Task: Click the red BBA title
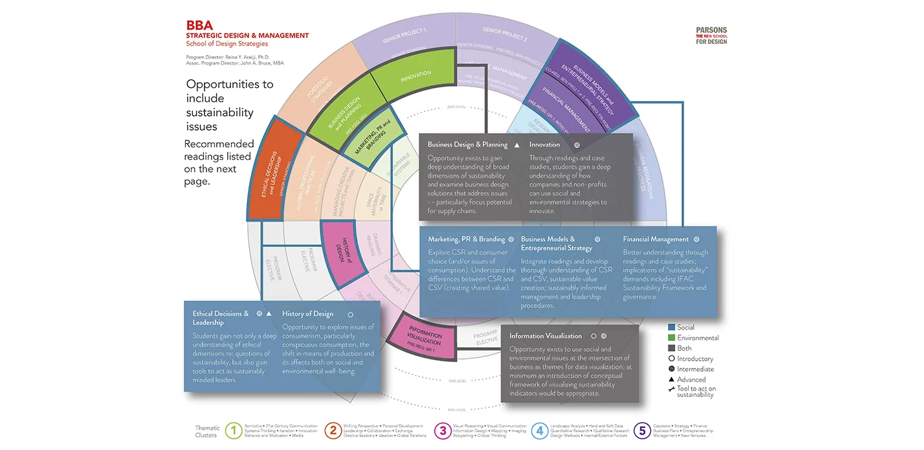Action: pyautogui.click(x=199, y=26)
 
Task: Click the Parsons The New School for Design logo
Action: pyautogui.click(x=711, y=36)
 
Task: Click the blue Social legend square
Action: pyautogui.click(x=672, y=328)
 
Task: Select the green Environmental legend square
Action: pyautogui.click(x=672, y=338)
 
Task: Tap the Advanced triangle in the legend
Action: pyautogui.click(x=672, y=380)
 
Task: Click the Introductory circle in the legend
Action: pyautogui.click(x=672, y=359)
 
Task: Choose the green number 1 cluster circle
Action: pyautogui.click(x=234, y=431)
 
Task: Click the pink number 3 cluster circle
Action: pyautogui.click(x=443, y=431)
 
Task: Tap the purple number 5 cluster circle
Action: pyautogui.click(x=642, y=431)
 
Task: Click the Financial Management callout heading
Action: pyautogui.click(x=655, y=239)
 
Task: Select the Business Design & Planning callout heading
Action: pyautogui.click(x=467, y=145)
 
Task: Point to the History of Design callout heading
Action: pyautogui.click(x=308, y=314)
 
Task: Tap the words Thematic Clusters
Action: pyautogui.click(x=207, y=431)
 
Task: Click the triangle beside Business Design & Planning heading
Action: pyautogui.click(x=516, y=145)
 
